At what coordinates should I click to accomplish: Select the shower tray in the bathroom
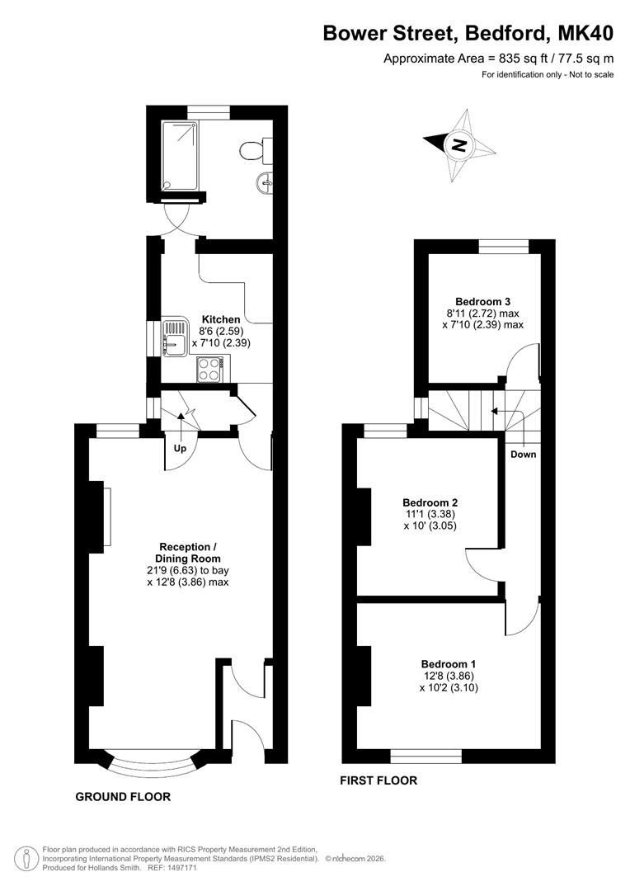[x=181, y=155]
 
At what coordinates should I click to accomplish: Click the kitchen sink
[x=174, y=339]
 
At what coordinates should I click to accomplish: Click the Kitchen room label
[x=221, y=319]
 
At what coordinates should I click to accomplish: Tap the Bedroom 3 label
[x=478, y=302]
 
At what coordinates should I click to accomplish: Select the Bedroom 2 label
[x=430, y=502]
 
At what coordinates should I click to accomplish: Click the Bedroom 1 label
[x=449, y=663]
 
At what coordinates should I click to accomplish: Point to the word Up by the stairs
[x=180, y=448]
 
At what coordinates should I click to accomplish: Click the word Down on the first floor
[x=523, y=455]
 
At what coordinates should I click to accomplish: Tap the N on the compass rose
[x=458, y=145]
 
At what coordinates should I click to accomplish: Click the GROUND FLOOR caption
[x=123, y=797]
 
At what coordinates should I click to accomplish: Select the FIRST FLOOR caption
[x=378, y=780]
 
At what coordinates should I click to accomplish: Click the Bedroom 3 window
[x=504, y=246]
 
